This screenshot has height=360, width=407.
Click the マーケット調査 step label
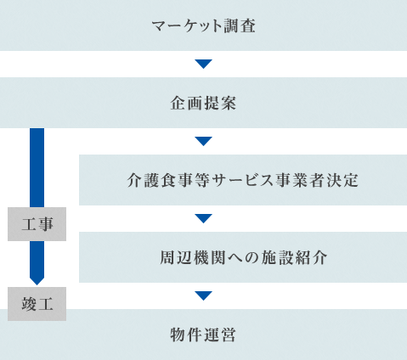tap(203, 26)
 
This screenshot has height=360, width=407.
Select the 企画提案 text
tap(203, 103)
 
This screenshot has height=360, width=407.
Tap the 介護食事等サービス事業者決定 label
tap(243, 180)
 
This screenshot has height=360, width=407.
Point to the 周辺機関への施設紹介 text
tap(243, 257)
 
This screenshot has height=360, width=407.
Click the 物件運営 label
tap(203, 335)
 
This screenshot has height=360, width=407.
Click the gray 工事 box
tap(37, 224)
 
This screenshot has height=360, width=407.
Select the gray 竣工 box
tap(37, 304)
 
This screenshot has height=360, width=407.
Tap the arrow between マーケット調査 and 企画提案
tap(203, 64)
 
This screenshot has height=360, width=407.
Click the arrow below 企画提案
tap(203, 141)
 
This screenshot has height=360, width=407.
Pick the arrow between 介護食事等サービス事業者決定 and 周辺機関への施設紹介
tap(203, 218)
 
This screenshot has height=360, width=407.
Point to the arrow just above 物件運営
tap(203, 295)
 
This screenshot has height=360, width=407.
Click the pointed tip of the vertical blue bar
tap(37, 285)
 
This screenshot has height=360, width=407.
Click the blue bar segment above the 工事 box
tap(37, 167)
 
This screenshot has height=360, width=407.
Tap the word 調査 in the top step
tap(240, 26)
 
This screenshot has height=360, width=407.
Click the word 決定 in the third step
tap(342, 180)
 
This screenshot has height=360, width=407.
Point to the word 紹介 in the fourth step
tap(311, 257)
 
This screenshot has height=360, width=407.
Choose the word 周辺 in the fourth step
tap(176, 257)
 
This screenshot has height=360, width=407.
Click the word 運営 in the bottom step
tap(220, 335)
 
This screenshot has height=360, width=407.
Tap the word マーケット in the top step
tap(187, 26)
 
